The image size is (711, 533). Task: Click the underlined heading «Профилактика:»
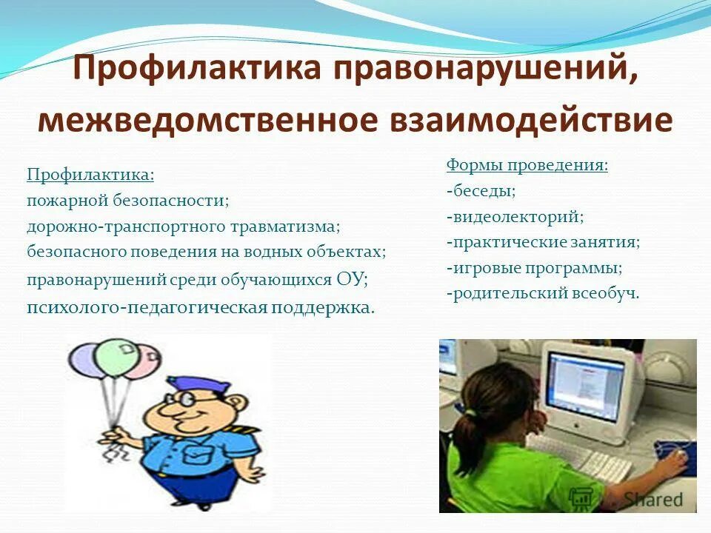point(90,175)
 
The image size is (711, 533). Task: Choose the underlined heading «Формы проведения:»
point(527,165)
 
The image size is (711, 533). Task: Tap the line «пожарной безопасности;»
point(128,201)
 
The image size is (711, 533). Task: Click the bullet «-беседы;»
point(481,191)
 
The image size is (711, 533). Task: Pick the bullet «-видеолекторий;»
point(515,217)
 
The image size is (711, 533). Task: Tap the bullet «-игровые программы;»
point(534,267)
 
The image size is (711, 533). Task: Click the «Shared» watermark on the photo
point(652,500)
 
